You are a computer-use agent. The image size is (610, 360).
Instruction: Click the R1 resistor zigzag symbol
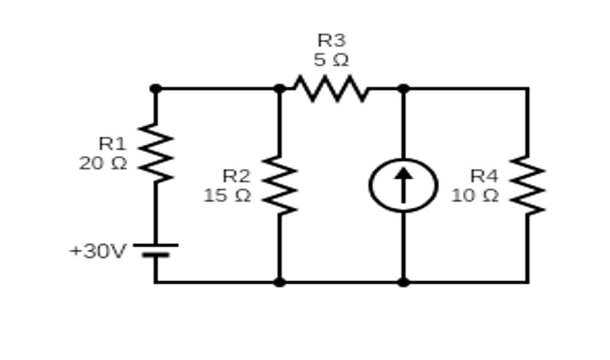156,153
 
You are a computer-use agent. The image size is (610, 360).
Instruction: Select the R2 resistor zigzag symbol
280,185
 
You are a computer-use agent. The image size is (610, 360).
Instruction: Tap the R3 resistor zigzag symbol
332,89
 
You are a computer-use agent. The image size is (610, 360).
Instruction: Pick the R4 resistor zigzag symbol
527,185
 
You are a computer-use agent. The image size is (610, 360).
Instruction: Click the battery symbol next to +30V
156,250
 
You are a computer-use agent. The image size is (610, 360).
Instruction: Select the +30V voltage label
98,251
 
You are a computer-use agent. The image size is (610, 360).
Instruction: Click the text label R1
112,143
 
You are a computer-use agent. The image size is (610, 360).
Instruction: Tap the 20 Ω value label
103,163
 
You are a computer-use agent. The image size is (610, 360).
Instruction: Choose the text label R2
236,176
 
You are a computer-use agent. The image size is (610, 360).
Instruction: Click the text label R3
332,40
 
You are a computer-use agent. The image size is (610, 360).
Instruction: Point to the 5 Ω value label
332,60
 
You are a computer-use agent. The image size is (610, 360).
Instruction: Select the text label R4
484,176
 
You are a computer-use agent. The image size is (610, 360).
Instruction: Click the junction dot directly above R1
156,89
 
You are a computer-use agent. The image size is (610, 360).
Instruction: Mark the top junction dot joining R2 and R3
280,89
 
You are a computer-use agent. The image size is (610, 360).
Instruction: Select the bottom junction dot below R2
280,282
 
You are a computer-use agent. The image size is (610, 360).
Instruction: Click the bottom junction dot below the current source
404,282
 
